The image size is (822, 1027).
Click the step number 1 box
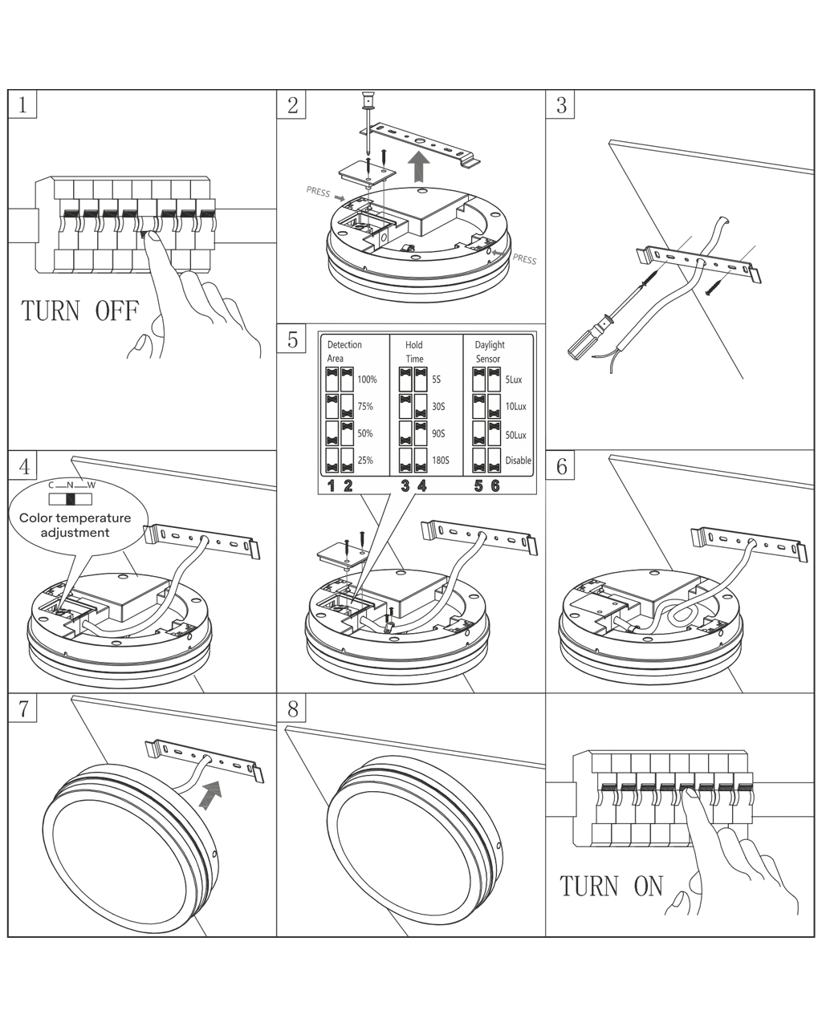click(22, 104)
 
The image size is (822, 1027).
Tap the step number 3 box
click(560, 104)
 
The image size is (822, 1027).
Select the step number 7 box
click(22, 708)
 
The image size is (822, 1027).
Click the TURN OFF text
click(79, 311)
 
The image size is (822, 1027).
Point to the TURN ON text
click(612, 886)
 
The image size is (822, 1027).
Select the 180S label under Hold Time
click(440, 461)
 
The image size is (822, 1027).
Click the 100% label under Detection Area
click(367, 380)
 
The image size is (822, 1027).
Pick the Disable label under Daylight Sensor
click(518, 461)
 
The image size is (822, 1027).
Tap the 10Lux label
click(515, 407)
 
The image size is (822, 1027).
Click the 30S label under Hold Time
click(438, 407)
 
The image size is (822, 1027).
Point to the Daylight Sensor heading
click(489, 351)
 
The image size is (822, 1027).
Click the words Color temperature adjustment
click(75, 526)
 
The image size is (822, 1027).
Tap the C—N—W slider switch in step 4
click(71, 498)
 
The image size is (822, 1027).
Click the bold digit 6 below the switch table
click(494, 485)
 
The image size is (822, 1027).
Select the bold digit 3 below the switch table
click(405, 485)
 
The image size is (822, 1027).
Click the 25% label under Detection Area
click(365, 461)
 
